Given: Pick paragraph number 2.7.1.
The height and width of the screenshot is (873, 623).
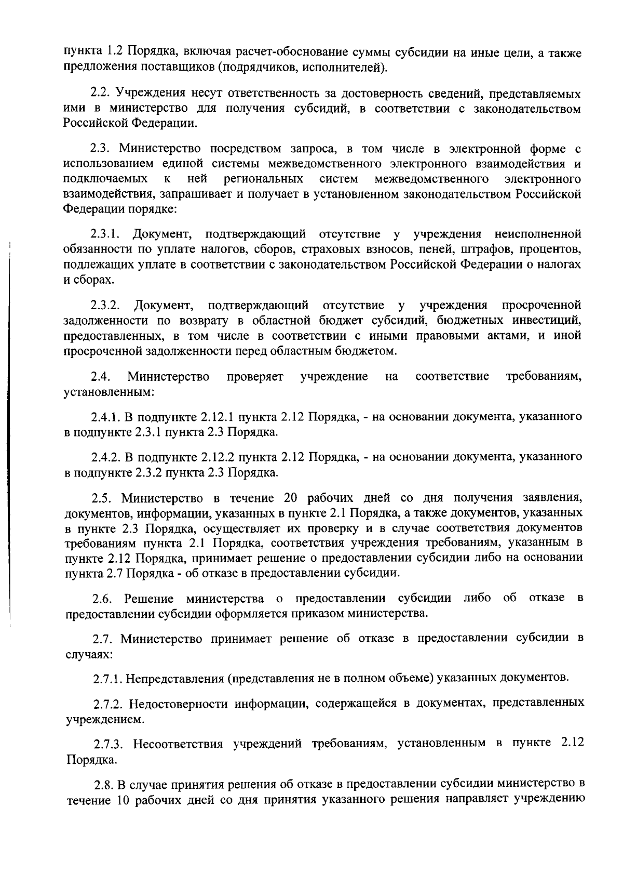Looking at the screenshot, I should tap(110, 679).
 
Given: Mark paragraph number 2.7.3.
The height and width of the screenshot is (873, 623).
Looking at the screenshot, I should tap(110, 744).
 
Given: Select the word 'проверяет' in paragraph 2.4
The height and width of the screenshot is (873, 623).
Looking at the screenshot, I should tap(255, 376).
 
